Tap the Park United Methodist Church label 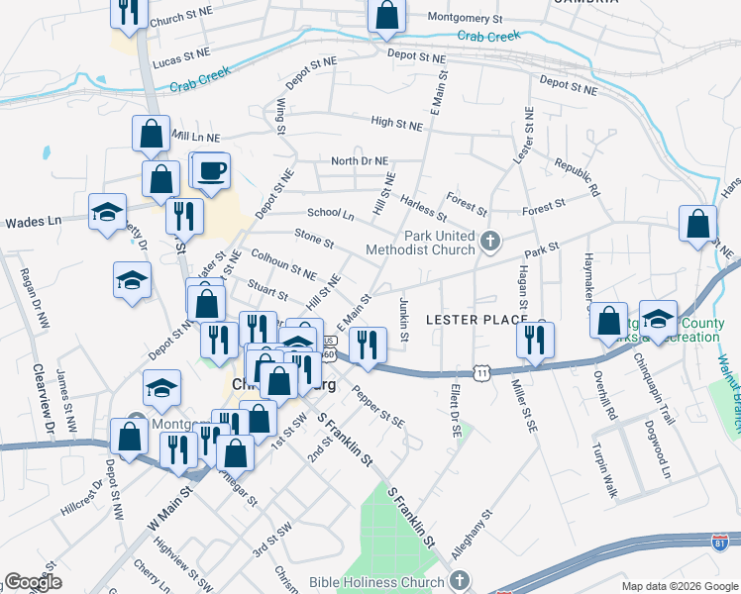click(x=421, y=244)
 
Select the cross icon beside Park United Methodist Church click(x=489, y=241)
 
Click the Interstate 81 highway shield click(x=722, y=542)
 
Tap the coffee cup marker click(x=211, y=170)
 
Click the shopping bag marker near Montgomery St click(x=386, y=15)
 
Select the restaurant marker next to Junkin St click(x=368, y=345)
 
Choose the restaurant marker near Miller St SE click(x=535, y=341)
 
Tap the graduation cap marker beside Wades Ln click(x=107, y=212)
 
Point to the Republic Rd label click(x=578, y=176)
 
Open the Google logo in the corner click(x=33, y=582)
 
